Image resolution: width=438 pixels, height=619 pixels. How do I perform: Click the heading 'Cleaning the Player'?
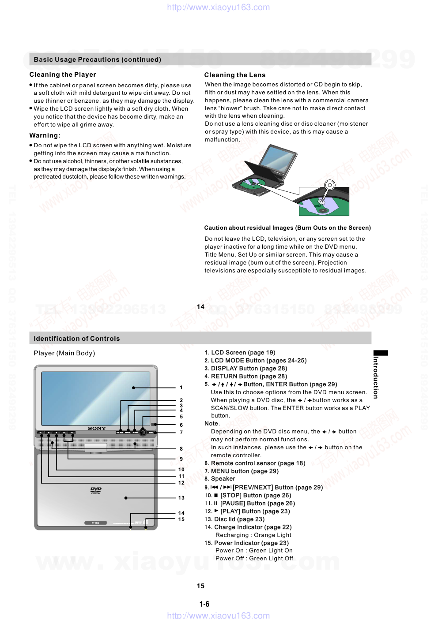click(x=63, y=75)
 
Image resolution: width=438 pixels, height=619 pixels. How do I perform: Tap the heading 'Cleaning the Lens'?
click(x=234, y=75)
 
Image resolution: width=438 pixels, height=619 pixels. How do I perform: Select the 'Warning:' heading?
click(x=45, y=135)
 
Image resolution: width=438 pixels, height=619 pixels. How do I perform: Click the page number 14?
click(x=200, y=307)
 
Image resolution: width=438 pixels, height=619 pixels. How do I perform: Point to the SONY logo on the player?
click(x=97, y=429)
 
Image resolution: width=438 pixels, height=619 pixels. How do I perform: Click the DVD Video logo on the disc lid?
click(x=96, y=490)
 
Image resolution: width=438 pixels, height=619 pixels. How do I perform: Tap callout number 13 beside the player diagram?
click(x=181, y=498)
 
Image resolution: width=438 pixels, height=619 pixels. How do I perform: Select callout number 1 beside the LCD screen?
click(x=181, y=388)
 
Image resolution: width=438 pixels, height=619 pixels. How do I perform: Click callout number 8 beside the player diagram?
click(x=181, y=449)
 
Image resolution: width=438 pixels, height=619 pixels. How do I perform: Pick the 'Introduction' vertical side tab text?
click(x=376, y=377)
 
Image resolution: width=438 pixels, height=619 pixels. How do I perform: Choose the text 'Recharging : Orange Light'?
click(x=253, y=535)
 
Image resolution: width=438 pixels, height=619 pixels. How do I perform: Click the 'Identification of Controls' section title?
click(x=77, y=339)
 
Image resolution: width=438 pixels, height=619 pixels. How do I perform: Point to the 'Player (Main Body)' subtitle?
click(x=64, y=353)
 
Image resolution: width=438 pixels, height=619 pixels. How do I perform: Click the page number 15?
click(x=200, y=586)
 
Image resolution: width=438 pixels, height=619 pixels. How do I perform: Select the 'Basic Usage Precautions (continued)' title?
click(x=97, y=60)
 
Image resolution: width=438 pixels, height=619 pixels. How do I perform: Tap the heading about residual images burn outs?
click(x=287, y=228)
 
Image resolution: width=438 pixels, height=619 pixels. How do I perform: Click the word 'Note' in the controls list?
click(x=211, y=424)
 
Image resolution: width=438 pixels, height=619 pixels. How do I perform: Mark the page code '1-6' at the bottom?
click(x=204, y=604)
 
